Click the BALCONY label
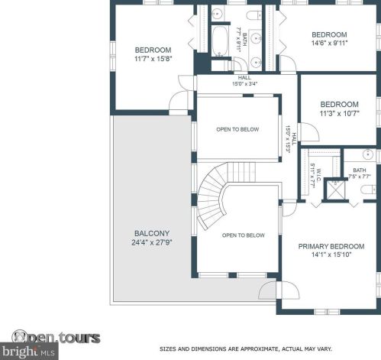coord(151,233)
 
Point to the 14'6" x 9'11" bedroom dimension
coord(328,44)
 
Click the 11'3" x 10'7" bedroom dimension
coord(339,114)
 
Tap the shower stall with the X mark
coord(335,189)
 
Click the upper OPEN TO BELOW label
coord(237,129)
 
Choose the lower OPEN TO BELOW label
coord(244,235)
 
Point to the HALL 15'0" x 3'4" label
coord(244,81)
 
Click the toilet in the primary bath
coord(367,188)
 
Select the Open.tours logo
coord(57,336)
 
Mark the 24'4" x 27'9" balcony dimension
coord(151,243)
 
